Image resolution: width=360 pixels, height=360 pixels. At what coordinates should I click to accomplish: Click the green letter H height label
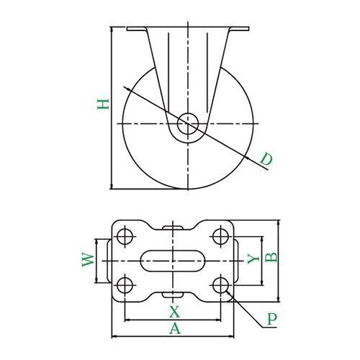(103, 104)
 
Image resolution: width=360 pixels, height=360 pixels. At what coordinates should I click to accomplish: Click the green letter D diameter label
(266, 159)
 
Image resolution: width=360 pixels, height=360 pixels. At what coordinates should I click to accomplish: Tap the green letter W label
(88, 260)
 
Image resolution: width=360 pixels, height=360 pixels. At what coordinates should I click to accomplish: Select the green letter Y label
(253, 258)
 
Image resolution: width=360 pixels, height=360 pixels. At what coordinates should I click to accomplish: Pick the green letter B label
(271, 257)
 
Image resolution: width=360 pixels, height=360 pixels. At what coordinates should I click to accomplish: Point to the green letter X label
(174, 311)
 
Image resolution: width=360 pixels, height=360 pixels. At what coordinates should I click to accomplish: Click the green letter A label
(175, 328)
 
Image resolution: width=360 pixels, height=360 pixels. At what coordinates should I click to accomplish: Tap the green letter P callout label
(272, 319)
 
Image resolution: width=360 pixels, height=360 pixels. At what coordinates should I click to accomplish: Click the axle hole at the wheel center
(188, 124)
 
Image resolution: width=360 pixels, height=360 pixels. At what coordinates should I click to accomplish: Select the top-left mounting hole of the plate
(125, 236)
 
